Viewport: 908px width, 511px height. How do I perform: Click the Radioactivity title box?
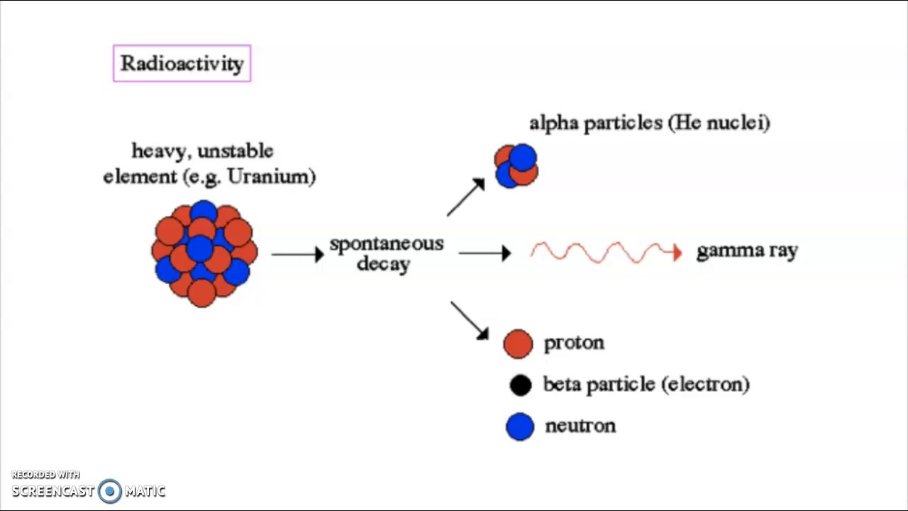point(182,63)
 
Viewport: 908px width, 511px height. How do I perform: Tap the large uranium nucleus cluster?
point(204,253)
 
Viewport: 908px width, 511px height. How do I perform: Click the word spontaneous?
point(387,244)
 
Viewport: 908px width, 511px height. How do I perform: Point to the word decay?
point(384,264)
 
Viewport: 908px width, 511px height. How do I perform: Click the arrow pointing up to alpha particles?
point(465,197)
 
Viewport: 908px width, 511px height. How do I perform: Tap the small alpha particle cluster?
point(516,166)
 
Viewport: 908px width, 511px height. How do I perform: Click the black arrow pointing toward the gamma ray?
point(485,253)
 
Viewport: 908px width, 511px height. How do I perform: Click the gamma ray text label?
point(747,251)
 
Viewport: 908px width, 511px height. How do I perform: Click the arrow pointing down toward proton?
point(470,320)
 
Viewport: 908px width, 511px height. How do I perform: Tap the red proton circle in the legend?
point(518,344)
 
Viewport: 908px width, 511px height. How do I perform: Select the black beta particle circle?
point(521,385)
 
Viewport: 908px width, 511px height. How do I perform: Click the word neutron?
point(580,426)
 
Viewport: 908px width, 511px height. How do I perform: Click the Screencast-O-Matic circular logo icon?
point(110,491)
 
